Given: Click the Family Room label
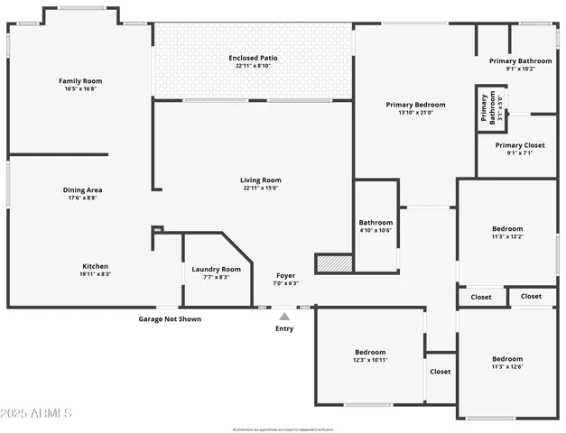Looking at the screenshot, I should pyautogui.click(x=79, y=81).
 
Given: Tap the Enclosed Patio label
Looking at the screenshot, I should pyautogui.click(x=253, y=58).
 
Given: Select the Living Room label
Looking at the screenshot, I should pyautogui.click(x=261, y=180).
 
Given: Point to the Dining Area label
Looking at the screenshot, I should pyautogui.click(x=81, y=189).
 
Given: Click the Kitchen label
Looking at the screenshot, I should pyautogui.click(x=96, y=266).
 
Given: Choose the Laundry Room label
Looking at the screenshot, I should pyautogui.click(x=216, y=269).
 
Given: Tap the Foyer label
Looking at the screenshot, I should pyautogui.click(x=285, y=275).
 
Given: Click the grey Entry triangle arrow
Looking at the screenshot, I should pyautogui.click(x=284, y=316).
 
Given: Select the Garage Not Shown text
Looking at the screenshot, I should pyautogui.click(x=170, y=318).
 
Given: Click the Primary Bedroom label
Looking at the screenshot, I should pyautogui.click(x=416, y=105).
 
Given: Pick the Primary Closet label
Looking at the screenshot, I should pyautogui.click(x=521, y=144).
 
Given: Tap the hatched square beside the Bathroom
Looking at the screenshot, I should pyautogui.click(x=332, y=263).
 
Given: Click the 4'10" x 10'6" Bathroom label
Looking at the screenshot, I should pyautogui.click(x=376, y=230).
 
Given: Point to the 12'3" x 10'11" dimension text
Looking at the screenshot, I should pyautogui.click(x=370, y=360).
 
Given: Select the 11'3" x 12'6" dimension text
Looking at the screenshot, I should pyautogui.click(x=507, y=366).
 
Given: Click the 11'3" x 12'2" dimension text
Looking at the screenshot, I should pyautogui.click(x=507, y=236).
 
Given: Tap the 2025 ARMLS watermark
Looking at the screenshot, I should pyautogui.click(x=36, y=412).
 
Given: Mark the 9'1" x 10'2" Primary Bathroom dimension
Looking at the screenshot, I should pyautogui.click(x=521, y=69).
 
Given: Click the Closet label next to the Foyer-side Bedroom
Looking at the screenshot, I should pyautogui.click(x=441, y=371).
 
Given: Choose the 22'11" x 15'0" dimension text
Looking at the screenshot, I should pyautogui.click(x=261, y=188).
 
